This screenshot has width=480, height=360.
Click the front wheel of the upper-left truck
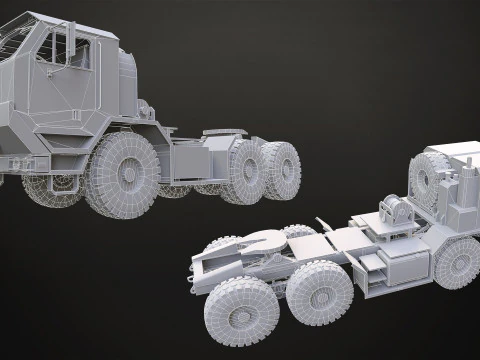click(121, 173)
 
